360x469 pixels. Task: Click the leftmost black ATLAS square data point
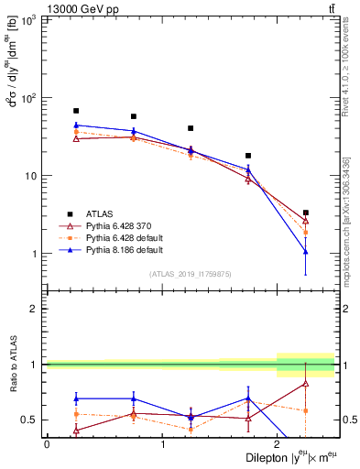click(x=76, y=111)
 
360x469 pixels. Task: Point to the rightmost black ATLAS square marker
click(x=306, y=213)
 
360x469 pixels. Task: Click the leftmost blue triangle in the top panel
click(x=76, y=125)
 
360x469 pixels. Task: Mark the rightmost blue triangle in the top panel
click(x=306, y=251)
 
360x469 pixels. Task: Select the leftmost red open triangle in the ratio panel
click(x=76, y=430)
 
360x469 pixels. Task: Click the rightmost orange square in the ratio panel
click(x=306, y=410)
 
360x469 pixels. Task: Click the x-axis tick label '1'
click(x=163, y=444)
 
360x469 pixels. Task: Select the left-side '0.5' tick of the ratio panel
click(x=30, y=420)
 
